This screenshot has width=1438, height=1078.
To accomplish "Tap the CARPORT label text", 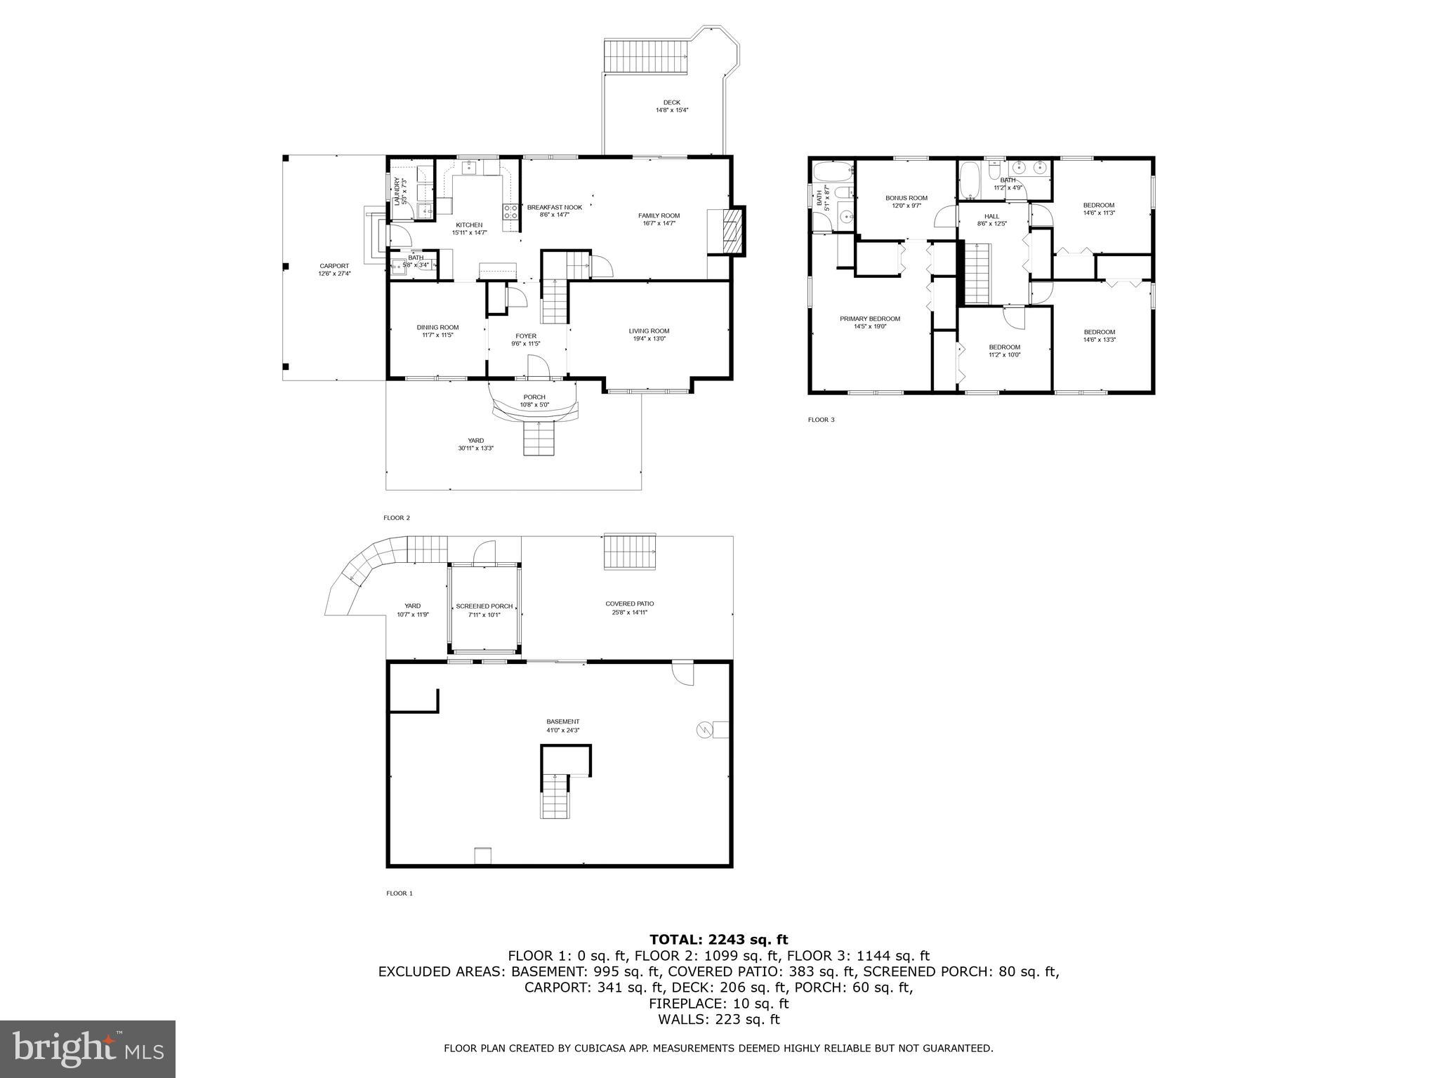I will point(334,266).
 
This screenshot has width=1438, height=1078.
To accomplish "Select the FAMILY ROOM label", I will point(659,215).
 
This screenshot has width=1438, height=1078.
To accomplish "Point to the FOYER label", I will point(525,336).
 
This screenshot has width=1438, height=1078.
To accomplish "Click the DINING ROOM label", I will point(437,328).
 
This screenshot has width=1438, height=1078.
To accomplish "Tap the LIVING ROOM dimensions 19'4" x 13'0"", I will point(649,339).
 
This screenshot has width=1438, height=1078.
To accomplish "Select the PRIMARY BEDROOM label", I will point(869,319).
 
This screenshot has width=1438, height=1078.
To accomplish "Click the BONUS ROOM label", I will point(906,198).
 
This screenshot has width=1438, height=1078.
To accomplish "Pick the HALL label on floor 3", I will point(991,216).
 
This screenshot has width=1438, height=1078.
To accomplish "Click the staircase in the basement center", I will point(554,795).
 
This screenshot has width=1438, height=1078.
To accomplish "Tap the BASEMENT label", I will point(563,721).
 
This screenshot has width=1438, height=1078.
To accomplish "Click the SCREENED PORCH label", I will point(484,606).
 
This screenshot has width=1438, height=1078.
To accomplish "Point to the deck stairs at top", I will point(645,55).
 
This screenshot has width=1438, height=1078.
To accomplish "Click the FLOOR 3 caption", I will point(821,420).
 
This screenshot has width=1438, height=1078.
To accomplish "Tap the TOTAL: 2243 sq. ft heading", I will point(718,940).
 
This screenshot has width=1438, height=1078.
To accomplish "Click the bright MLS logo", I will point(88,1049).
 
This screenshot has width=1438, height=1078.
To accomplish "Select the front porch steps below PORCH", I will point(539,438).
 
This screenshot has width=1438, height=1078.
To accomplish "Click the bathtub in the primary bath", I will point(832,170).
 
